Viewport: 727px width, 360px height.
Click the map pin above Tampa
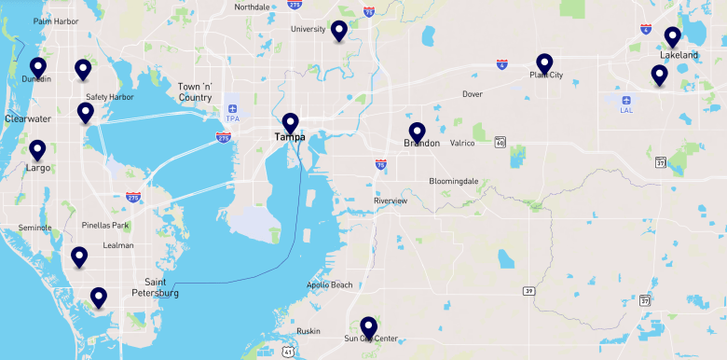pyautogui.click(x=290, y=122)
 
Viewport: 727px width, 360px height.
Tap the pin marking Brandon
pyautogui.click(x=417, y=132)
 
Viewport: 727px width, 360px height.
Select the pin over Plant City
pyautogui.click(x=544, y=62)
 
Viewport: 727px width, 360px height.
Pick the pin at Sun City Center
pyautogui.click(x=368, y=326)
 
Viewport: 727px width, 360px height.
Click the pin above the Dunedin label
pyautogui.click(x=38, y=67)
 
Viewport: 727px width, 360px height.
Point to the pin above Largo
pyautogui.click(x=38, y=149)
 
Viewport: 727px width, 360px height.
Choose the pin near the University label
pyautogui.click(x=338, y=31)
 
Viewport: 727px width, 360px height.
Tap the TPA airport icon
pyautogui.click(x=232, y=108)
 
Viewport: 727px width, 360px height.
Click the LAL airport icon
pyautogui.click(x=626, y=99)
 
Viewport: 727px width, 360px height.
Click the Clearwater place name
pyautogui.click(x=28, y=119)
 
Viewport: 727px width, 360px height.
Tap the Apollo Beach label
pyautogui.click(x=329, y=284)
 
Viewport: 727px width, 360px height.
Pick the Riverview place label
pyautogui.click(x=391, y=201)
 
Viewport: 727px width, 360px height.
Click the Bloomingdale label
pyautogui.click(x=453, y=181)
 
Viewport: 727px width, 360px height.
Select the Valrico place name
pyautogui.click(x=463, y=143)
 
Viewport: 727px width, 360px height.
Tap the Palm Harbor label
pyautogui.click(x=54, y=21)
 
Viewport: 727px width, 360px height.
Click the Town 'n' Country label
pyautogui.click(x=195, y=91)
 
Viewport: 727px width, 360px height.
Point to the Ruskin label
pyautogui.click(x=309, y=331)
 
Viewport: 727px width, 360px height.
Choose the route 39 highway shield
pyautogui.click(x=529, y=291)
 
